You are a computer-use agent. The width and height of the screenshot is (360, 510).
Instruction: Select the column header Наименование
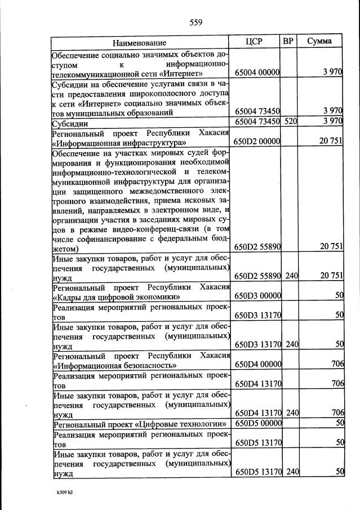pyautogui.click(x=139, y=43)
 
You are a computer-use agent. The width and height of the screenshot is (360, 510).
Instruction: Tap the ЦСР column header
pyautogui.click(x=255, y=42)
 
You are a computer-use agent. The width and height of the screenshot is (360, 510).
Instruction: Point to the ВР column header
pyautogui.click(x=288, y=42)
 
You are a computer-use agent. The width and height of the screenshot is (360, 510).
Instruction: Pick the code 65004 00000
pyautogui.click(x=257, y=73)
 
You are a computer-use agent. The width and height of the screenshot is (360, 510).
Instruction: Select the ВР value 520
pyautogui.click(x=291, y=121)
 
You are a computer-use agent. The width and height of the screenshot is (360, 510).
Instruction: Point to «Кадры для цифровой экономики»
pyautogui.click(x=117, y=296)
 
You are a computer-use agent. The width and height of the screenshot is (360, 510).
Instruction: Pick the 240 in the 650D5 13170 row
pyautogui.click(x=291, y=472)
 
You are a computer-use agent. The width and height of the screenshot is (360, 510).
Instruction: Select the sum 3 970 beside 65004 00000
pyautogui.click(x=332, y=73)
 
